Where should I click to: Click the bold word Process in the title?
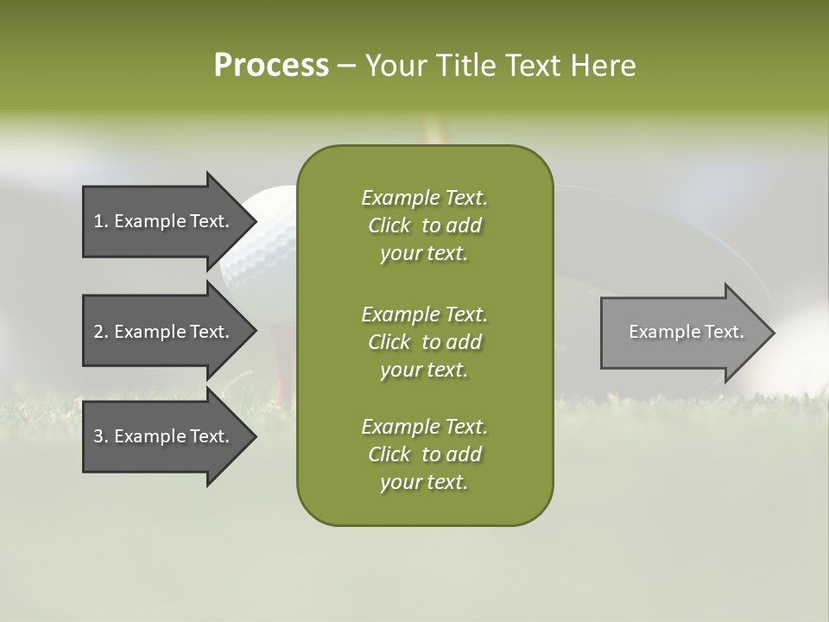click(x=271, y=66)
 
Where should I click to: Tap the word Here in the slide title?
click(x=604, y=66)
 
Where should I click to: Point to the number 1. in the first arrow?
click(x=101, y=221)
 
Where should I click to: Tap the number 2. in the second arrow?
click(x=101, y=332)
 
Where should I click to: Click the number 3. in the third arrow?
click(x=101, y=436)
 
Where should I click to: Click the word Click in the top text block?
click(x=389, y=225)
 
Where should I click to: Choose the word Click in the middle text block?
click(x=389, y=342)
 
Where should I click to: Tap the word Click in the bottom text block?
click(x=389, y=454)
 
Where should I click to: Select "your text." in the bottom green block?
click(x=424, y=482)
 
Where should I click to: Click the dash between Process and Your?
click(x=346, y=66)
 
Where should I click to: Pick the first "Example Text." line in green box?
click(x=424, y=198)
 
